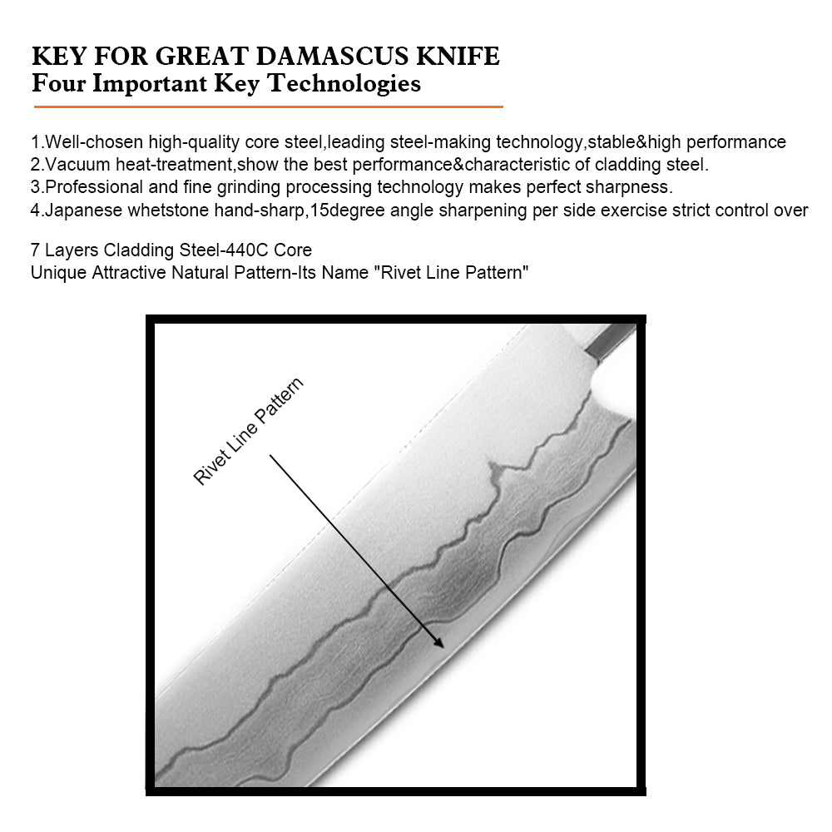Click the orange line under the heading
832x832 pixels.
(x=268, y=106)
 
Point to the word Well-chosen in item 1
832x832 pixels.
(x=94, y=142)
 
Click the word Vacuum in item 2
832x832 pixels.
(x=73, y=164)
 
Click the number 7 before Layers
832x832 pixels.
(x=35, y=250)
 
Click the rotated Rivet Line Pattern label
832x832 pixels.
(x=248, y=431)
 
